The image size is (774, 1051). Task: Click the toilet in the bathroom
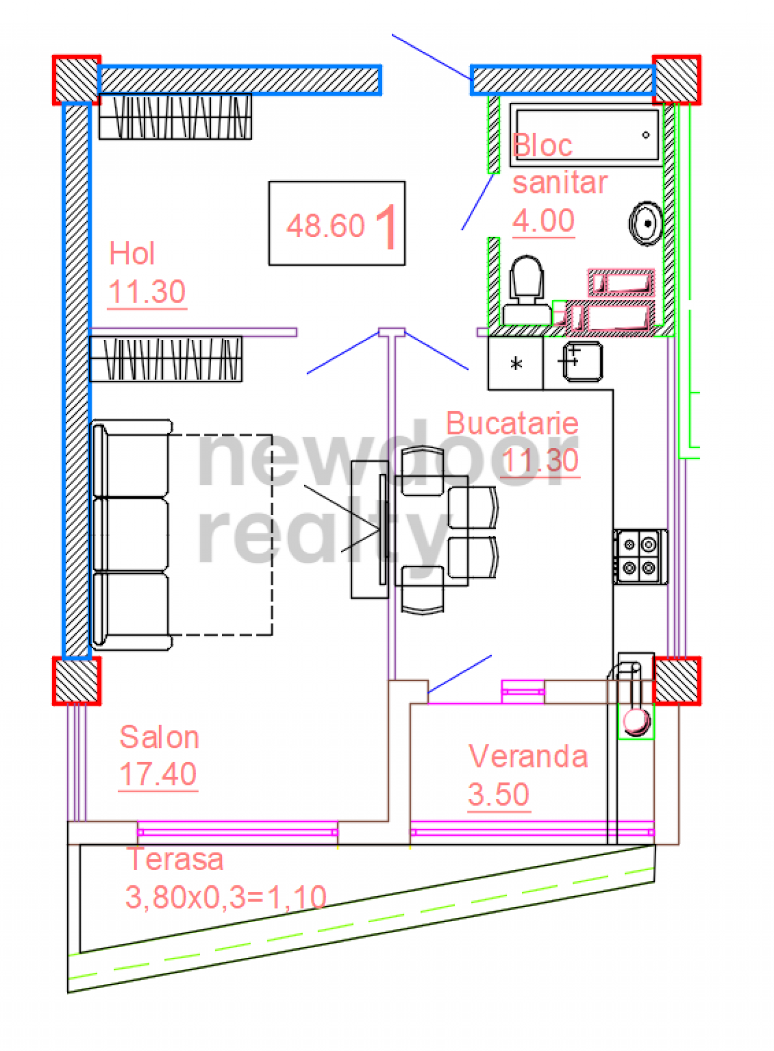tap(527, 291)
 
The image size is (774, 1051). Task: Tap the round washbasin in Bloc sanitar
tap(646, 223)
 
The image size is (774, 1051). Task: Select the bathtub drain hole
tap(646, 135)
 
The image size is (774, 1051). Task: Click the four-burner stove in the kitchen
tap(640, 556)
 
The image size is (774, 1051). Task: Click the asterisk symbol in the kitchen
tap(516, 363)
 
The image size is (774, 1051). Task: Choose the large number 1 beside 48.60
tap(386, 227)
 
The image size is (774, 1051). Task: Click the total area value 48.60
tap(326, 226)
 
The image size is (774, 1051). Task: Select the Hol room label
tap(132, 253)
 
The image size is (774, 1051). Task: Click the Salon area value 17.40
tap(158, 774)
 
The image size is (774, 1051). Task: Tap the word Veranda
tap(528, 757)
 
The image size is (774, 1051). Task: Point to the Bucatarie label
tap(512, 423)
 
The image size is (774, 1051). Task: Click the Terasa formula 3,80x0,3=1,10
tap(226, 897)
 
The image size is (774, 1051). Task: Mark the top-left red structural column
tap(76, 80)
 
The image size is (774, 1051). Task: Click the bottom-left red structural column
tap(76, 680)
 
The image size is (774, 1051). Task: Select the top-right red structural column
tap(677, 80)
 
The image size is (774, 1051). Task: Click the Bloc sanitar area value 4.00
tap(543, 221)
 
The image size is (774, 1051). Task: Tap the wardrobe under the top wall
tap(175, 117)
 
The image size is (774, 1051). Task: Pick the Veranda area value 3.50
tap(498, 794)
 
